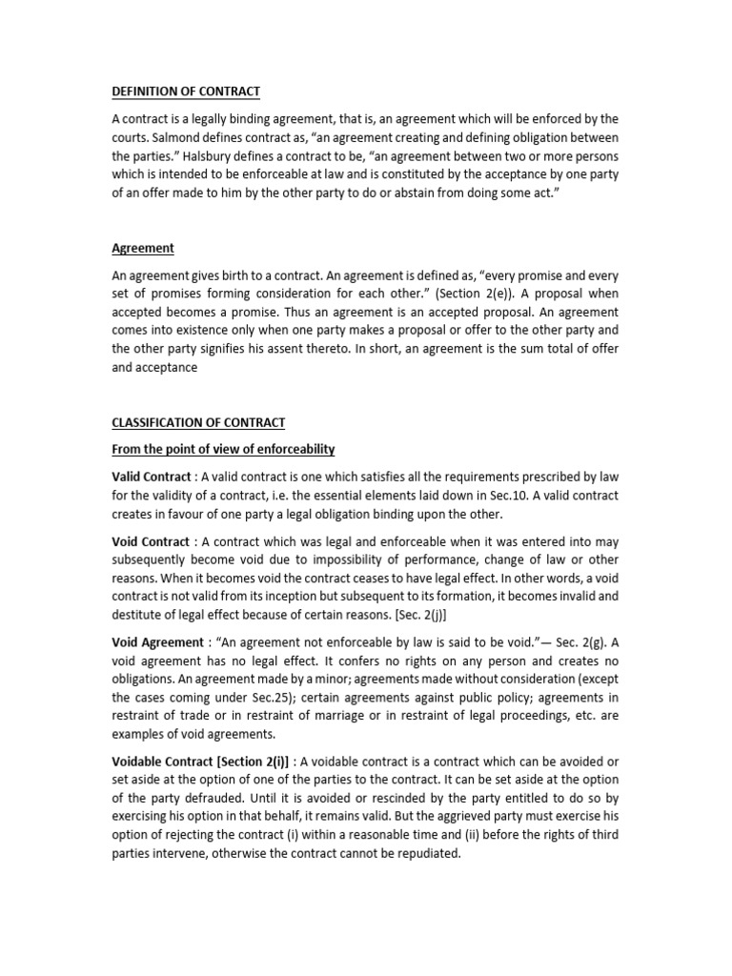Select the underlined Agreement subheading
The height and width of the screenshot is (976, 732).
143,248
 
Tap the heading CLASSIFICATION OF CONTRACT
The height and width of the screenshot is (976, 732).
198,422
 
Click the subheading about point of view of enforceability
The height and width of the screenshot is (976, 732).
223,449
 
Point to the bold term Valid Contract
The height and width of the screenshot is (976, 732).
152,477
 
